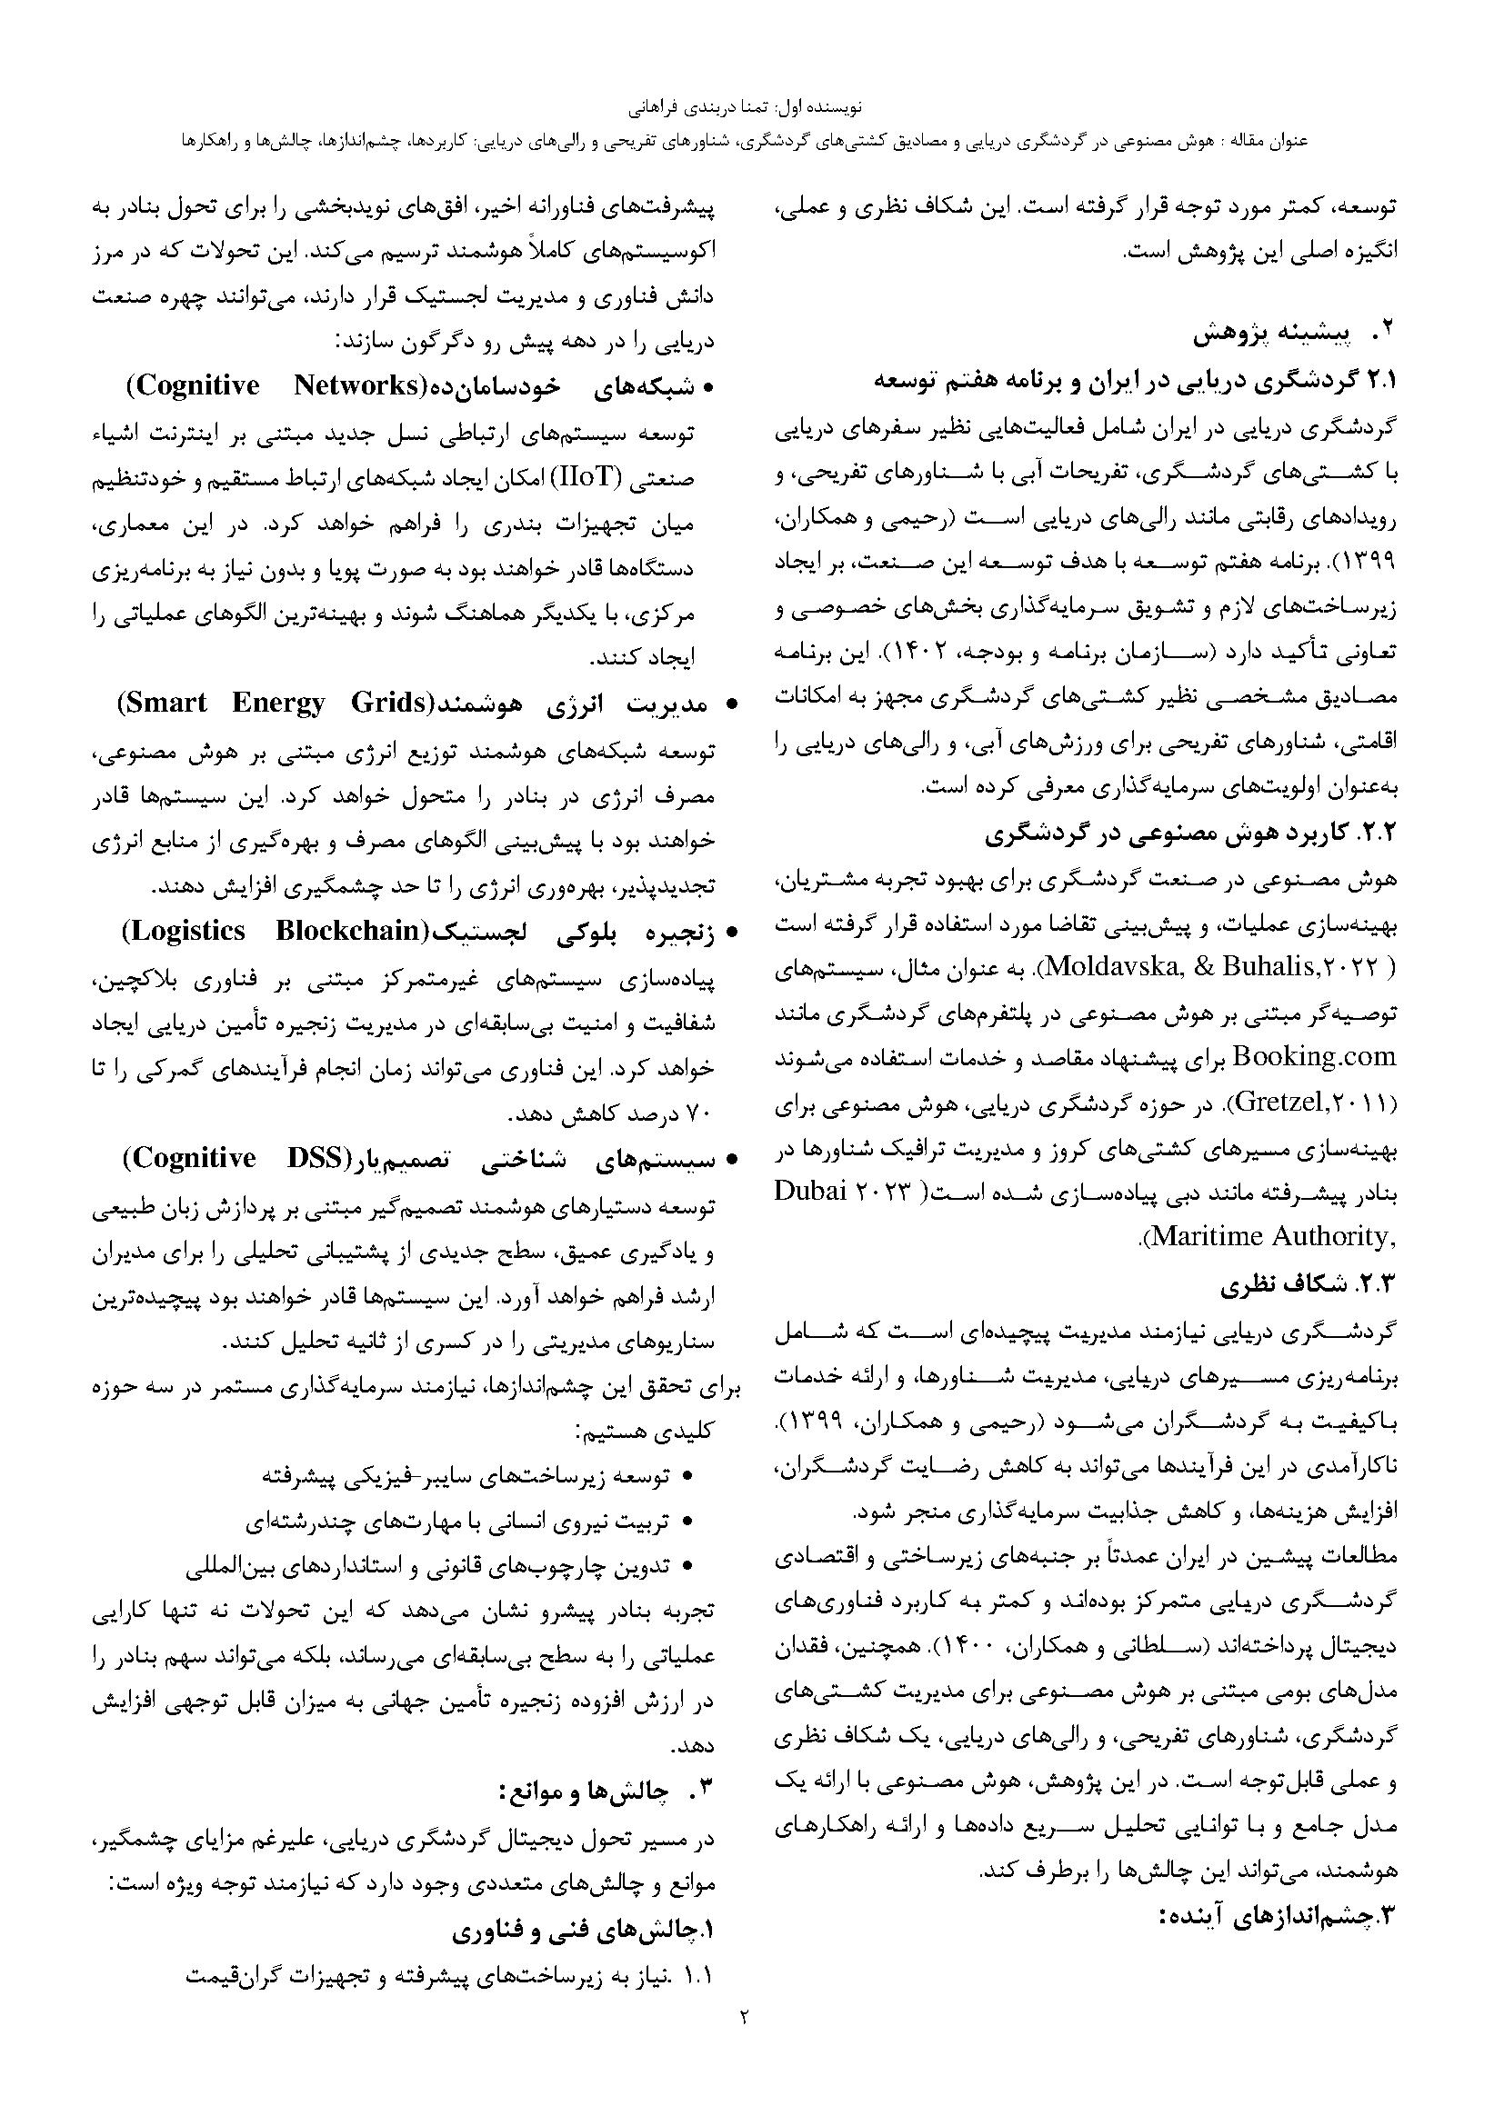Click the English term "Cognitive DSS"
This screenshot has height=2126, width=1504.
pyautogui.click(x=232, y=1158)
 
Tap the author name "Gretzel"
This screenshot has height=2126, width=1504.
pyautogui.click(x=1283, y=1102)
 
